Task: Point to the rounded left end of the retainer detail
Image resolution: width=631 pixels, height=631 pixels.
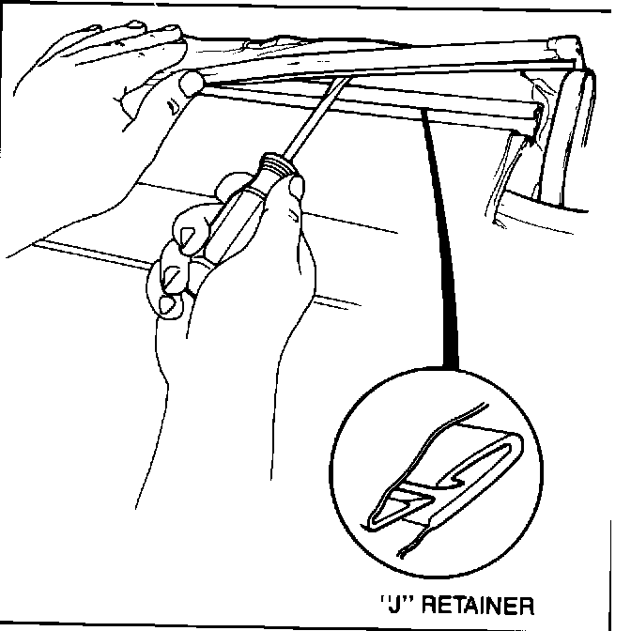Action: click(375, 516)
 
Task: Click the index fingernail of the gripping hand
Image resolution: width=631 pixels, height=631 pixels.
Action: click(187, 231)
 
